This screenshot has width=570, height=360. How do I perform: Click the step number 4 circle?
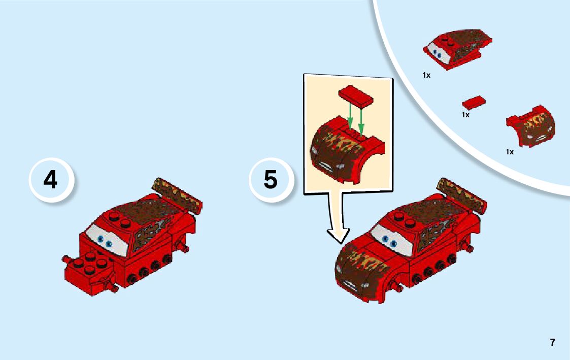[x=51, y=180]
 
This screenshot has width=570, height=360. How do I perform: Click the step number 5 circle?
[x=271, y=180]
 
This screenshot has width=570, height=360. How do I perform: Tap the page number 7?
[x=553, y=343]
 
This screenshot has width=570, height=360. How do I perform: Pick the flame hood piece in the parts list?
[x=531, y=126]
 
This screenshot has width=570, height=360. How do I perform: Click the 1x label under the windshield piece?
[x=426, y=75]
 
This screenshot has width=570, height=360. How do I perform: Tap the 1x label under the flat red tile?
[x=465, y=115]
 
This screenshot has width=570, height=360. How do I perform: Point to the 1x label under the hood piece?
[x=510, y=152]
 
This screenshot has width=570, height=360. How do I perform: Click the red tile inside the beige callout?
[x=355, y=96]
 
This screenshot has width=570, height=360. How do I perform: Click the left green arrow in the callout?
[x=350, y=115]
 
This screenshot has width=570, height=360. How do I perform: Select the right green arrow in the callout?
[x=361, y=120]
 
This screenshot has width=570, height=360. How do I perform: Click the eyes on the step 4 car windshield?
[x=105, y=241]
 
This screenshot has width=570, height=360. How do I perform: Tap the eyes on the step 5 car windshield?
[x=389, y=241]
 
